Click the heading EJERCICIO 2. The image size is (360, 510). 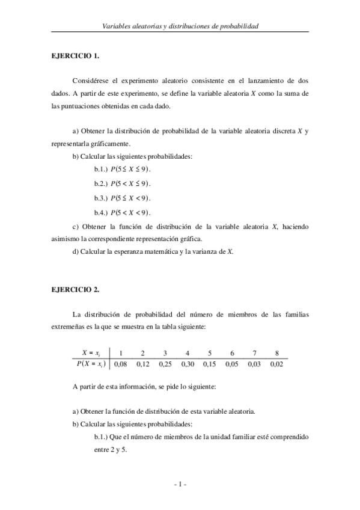coord(75,289)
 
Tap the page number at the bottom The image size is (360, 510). coord(180,484)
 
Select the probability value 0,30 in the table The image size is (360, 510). coord(188,363)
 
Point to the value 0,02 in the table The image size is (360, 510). coord(276,363)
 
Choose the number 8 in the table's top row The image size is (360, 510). coord(276,353)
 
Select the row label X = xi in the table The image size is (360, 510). coord(94,353)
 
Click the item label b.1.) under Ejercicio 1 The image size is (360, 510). coord(104,170)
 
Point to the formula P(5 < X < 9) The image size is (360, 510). coord(131,212)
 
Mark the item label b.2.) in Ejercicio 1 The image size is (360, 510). coord(104,183)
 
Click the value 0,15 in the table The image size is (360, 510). coord(210,363)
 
